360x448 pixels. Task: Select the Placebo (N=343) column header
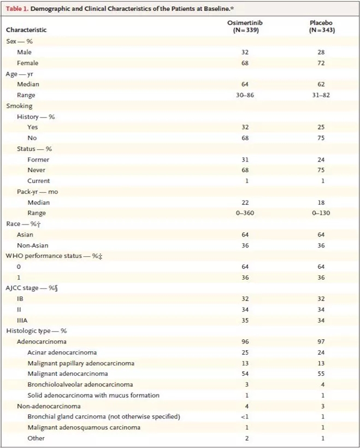pos(321,26)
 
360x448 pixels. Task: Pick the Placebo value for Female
pos(321,63)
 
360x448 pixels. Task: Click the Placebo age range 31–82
pos(321,95)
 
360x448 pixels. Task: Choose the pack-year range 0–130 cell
pos(321,213)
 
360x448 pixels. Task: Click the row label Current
pos(38,181)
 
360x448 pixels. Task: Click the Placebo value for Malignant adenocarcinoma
pos(321,374)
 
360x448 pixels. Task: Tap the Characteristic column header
pos(26,30)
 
